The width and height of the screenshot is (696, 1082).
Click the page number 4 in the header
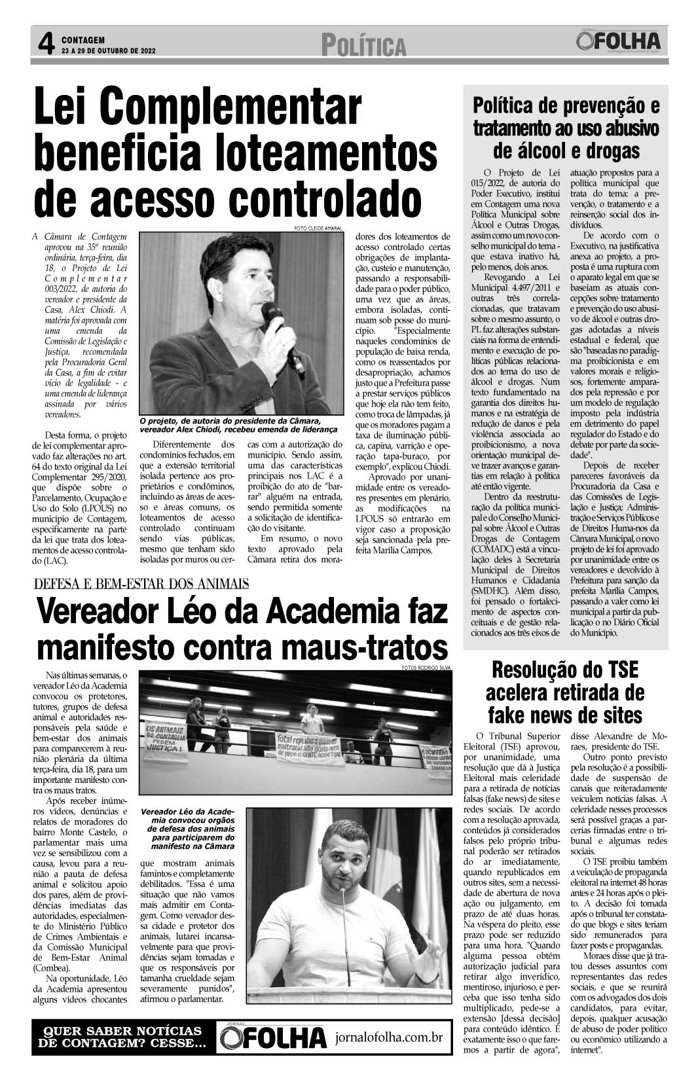click(x=45, y=45)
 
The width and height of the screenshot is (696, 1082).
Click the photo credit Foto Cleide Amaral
click(x=318, y=228)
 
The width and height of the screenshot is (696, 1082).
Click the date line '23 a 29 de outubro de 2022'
click(x=109, y=50)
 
